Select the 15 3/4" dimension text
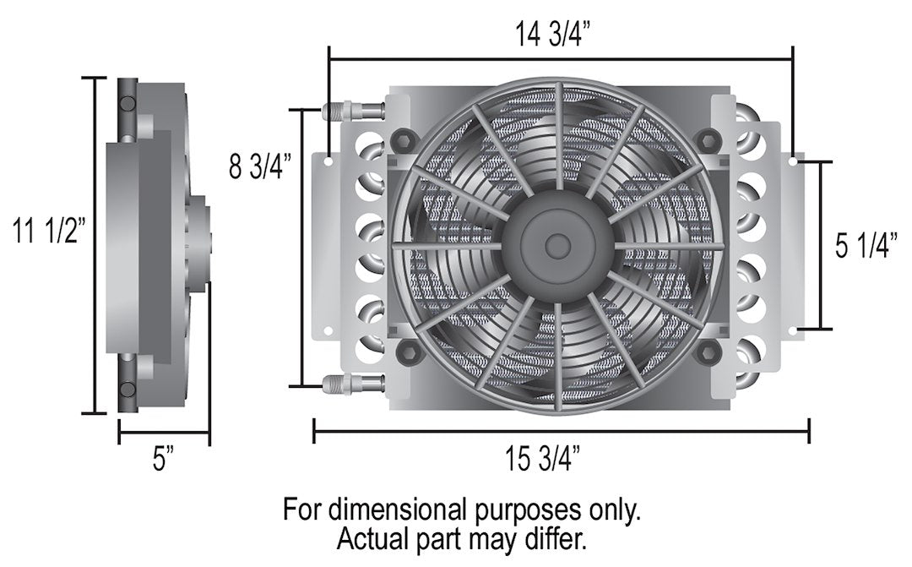click(x=543, y=460)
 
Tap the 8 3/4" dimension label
click(x=261, y=165)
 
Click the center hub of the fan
click(x=557, y=246)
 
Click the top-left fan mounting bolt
click(x=404, y=138)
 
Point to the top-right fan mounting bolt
click(x=708, y=138)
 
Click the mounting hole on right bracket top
click(x=793, y=159)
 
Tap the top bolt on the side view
click(x=128, y=103)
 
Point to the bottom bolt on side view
click(x=128, y=389)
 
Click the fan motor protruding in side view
click(x=199, y=245)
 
